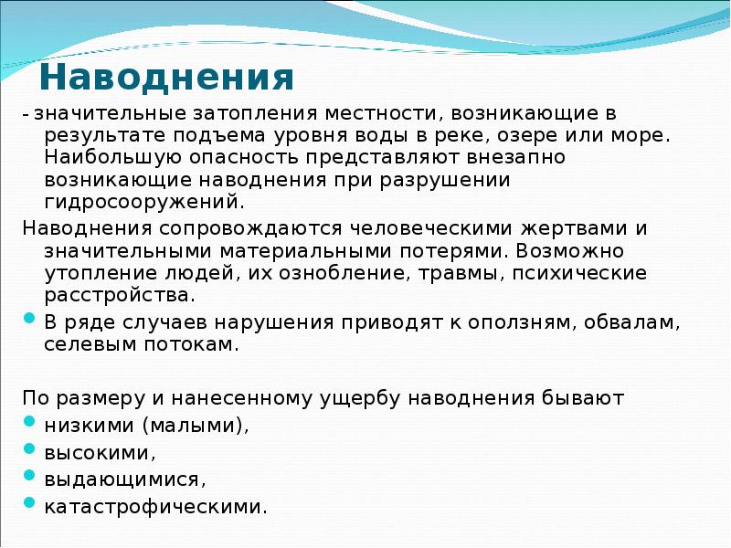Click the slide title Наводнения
(166, 79)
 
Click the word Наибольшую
(101, 158)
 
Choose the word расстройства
(119, 296)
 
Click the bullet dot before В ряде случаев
(29, 321)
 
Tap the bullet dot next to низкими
(29, 424)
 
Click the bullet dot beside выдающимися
(29, 477)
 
